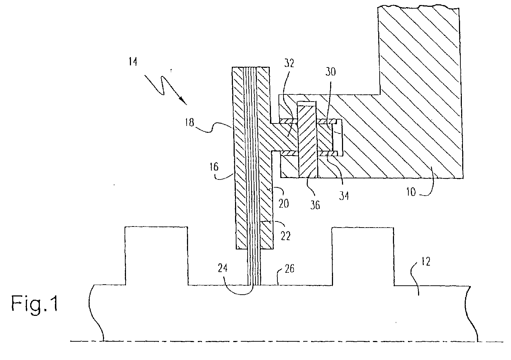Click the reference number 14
pos(133,62)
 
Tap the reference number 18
pos(190,122)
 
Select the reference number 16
pos(214,167)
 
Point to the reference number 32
pos(289,63)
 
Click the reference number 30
pos(330,72)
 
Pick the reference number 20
pos(284,203)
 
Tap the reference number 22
pos(286,236)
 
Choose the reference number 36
pos(315,205)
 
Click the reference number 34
pos(344,196)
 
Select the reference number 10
pos(411,192)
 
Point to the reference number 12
pos(426,261)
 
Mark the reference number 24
pos(222,268)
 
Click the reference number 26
pos(290,269)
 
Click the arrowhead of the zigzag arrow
pos(184,102)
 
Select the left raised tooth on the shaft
pos(156,256)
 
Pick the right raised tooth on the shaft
pos(363,256)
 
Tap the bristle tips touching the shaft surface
pos(254,284)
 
